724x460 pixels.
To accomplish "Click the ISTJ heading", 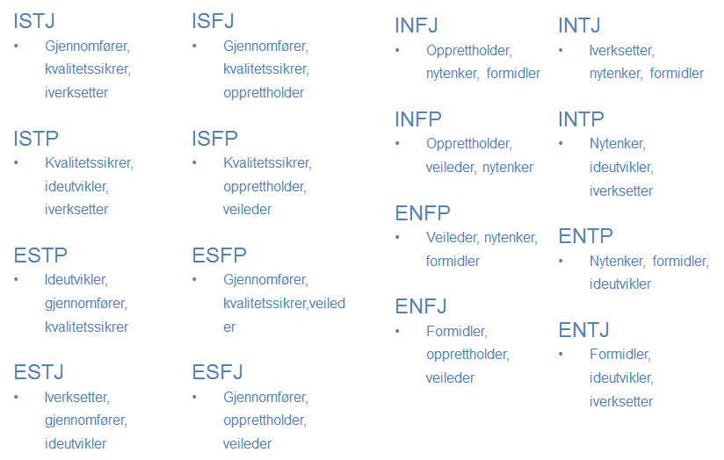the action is [x=34, y=21].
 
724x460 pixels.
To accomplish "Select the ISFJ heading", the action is [x=213, y=21].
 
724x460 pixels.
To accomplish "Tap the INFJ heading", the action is [x=416, y=25].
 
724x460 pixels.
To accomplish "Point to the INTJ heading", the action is [x=580, y=25].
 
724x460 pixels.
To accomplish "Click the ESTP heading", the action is [x=40, y=255].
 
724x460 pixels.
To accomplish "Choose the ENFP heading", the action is [x=423, y=213].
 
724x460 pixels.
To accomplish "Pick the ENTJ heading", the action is [x=584, y=330].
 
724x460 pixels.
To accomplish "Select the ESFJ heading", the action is [x=218, y=372].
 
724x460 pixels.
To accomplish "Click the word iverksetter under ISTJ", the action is [x=76, y=93].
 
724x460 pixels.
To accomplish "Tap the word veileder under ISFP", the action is [x=247, y=210].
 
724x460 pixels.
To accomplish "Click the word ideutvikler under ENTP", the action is [x=620, y=284].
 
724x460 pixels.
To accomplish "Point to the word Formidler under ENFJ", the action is [x=457, y=331].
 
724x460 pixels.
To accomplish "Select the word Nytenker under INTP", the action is [x=618, y=144].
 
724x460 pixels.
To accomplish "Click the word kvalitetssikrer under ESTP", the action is [x=86, y=327].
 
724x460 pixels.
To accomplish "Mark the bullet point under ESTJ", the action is [x=16, y=397].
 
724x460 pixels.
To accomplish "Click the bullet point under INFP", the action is [x=397, y=143].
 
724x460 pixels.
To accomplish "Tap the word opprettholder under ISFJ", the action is [x=264, y=93].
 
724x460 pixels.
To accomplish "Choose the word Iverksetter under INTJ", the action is [x=622, y=51].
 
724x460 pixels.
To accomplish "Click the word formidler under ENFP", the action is [x=452, y=261].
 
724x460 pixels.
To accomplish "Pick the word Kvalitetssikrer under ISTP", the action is [x=89, y=163].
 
